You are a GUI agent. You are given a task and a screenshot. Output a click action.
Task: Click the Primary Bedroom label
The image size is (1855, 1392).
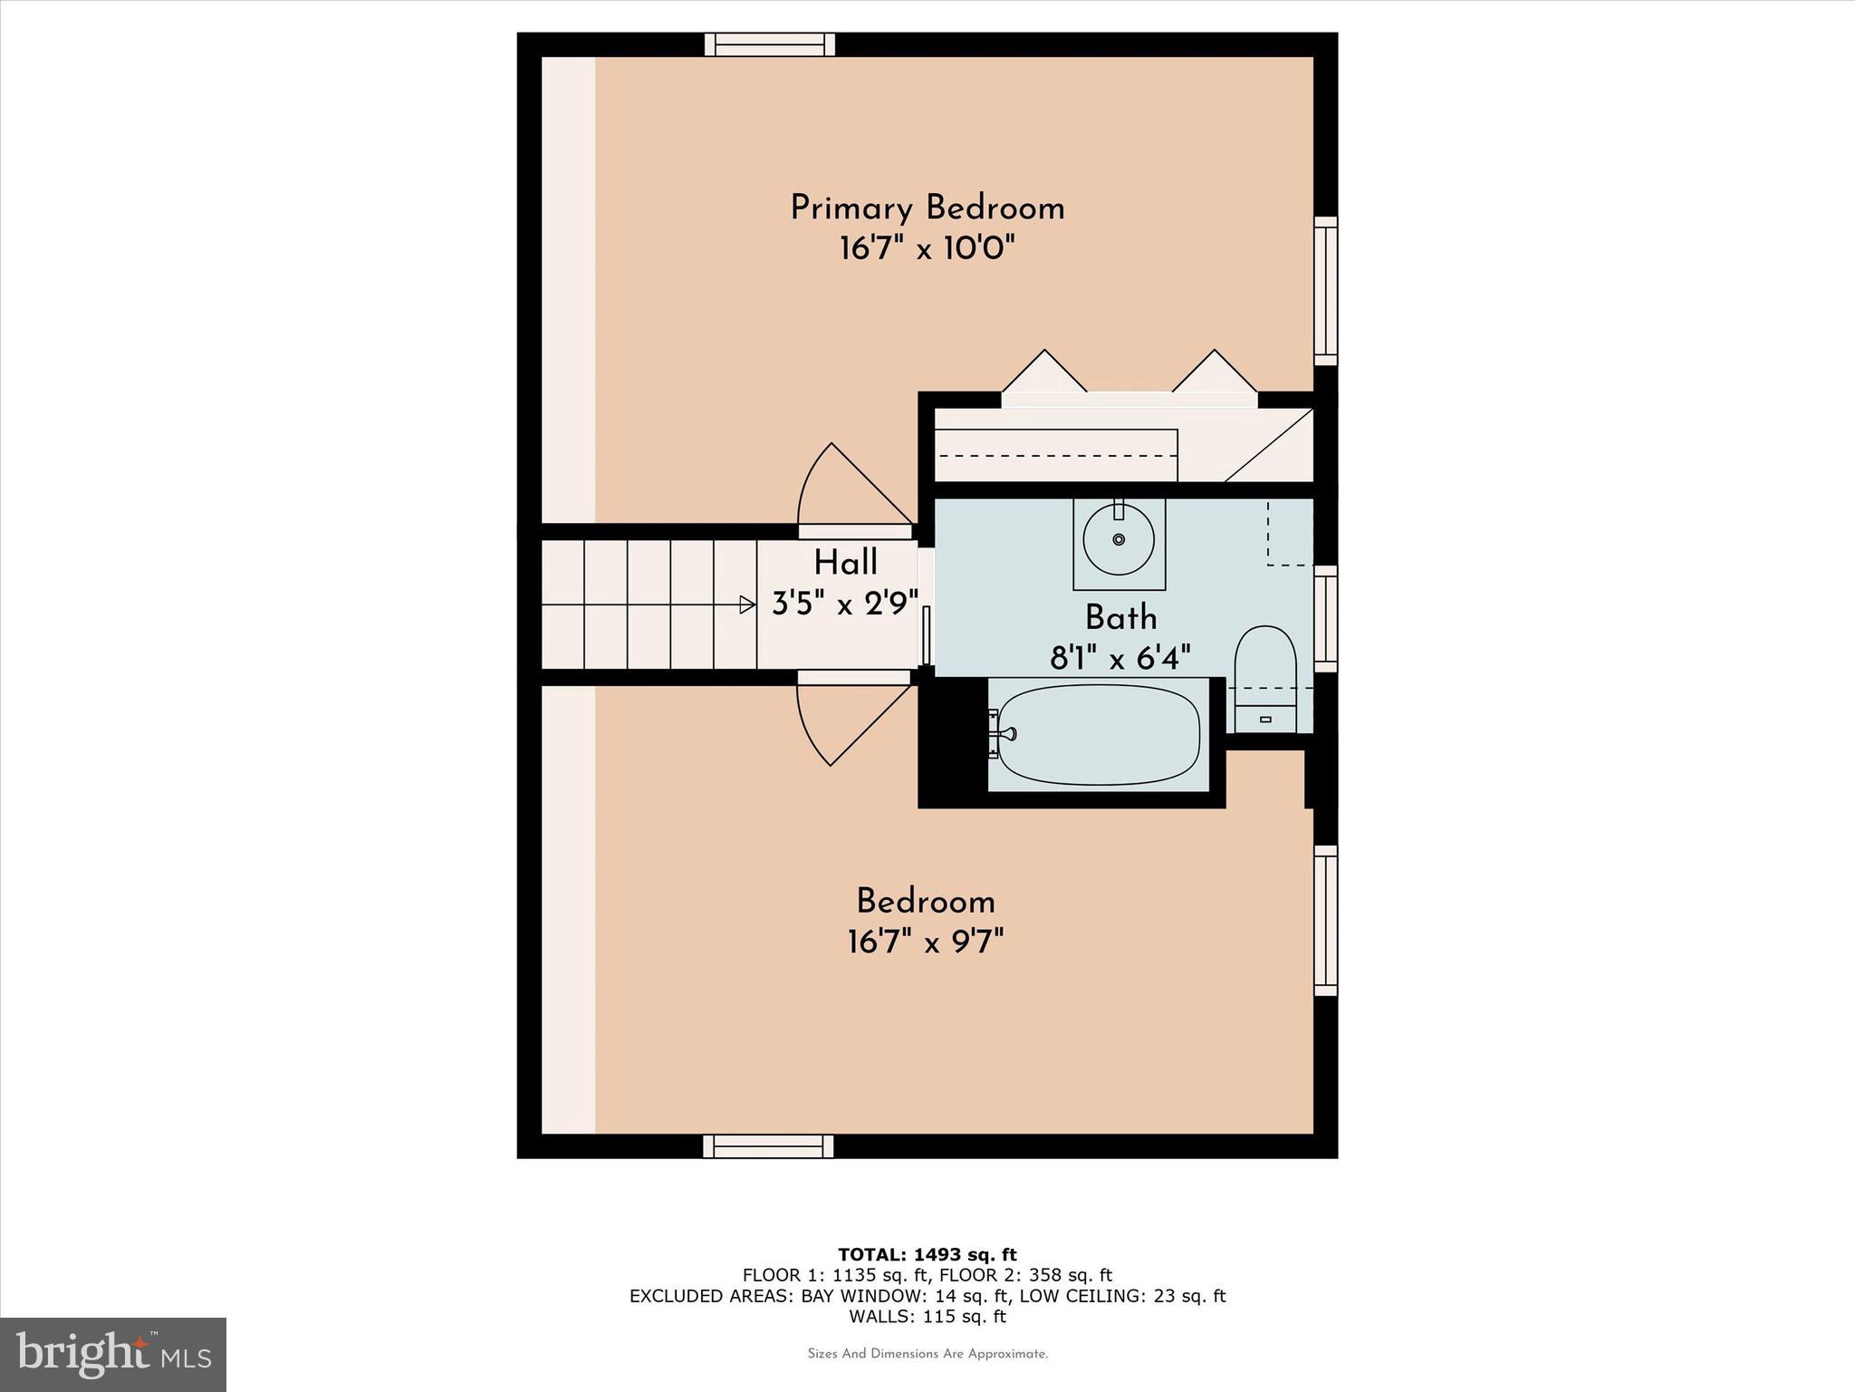[927, 208]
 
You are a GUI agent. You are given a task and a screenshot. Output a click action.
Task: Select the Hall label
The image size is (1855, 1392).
[845, 563]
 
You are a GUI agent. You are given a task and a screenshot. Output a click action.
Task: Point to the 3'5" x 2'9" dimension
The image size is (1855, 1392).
[845, 603]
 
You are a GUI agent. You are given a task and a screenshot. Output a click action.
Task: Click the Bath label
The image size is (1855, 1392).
[1120, 618]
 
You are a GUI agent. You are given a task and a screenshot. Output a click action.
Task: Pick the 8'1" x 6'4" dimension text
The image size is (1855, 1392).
[1120, 658]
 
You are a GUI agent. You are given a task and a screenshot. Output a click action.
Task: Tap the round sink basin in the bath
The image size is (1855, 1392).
[1119, 539]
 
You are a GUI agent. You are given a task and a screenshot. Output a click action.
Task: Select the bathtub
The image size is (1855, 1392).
[1099, 734]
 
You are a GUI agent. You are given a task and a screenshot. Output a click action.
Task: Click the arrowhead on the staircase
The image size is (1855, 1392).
[747, 604]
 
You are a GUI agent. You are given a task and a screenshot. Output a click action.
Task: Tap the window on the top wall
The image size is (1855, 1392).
[770, 44]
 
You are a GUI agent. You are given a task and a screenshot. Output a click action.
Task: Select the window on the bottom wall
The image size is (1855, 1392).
[768, 1146]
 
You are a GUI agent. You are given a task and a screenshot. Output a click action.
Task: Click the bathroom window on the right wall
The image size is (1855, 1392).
[1325, 618]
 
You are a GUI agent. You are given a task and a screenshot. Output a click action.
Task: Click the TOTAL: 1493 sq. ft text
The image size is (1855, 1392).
[927, 1255]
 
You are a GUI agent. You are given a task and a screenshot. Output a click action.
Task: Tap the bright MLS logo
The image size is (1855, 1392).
[113, 1354]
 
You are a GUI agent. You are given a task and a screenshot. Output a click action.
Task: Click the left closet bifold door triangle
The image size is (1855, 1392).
[1044, 374]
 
